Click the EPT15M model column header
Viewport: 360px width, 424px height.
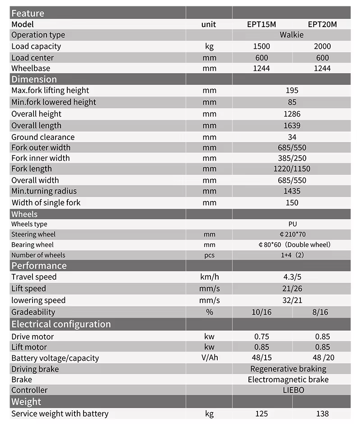click(262, 24)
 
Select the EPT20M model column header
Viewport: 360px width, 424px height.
click(322, 24)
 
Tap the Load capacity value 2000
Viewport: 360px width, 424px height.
click(322, 46)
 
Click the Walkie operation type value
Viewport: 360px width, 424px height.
click(292, 35)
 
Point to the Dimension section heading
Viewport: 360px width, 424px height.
click(34, 79)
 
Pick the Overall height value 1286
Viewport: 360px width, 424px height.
click(292, 114)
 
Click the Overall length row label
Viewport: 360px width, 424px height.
click(36, 126)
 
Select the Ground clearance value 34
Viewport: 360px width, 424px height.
click(292, 137)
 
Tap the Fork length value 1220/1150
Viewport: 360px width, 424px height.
click(292, 169)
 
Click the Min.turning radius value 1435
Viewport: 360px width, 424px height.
click(292, 191)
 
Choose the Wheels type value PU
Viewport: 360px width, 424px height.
click(292, 224)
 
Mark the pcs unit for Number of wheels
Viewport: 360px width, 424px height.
click(209, 255)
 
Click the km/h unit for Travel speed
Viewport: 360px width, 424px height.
click(209, 277)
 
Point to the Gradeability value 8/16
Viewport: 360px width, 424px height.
click(322, 312)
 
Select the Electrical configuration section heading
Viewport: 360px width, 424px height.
click(61, 324)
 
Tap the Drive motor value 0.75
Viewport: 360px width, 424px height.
click(262, 336)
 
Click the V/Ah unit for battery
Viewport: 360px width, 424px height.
click(209, 358)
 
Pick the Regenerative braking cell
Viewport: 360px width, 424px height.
click(288, 369)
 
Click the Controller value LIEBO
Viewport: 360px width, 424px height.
click(292, 390)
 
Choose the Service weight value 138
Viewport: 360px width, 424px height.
click(322, 414)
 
